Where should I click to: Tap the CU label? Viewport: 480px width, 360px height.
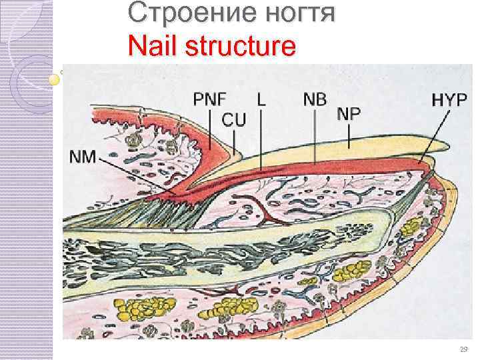(x=233, y=120)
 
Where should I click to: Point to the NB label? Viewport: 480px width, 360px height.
(x=315, y=99)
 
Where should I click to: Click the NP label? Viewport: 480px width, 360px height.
(x=349, y=113)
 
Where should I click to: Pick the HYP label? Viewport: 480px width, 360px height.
(x=450, y=100)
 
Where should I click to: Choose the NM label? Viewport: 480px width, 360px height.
(x=83, y=158)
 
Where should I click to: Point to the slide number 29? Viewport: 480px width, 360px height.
(x=464, y=349)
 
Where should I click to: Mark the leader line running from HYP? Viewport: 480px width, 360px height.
(x=433, y=137)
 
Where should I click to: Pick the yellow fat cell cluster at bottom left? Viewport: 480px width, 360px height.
(x=140, y=309)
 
